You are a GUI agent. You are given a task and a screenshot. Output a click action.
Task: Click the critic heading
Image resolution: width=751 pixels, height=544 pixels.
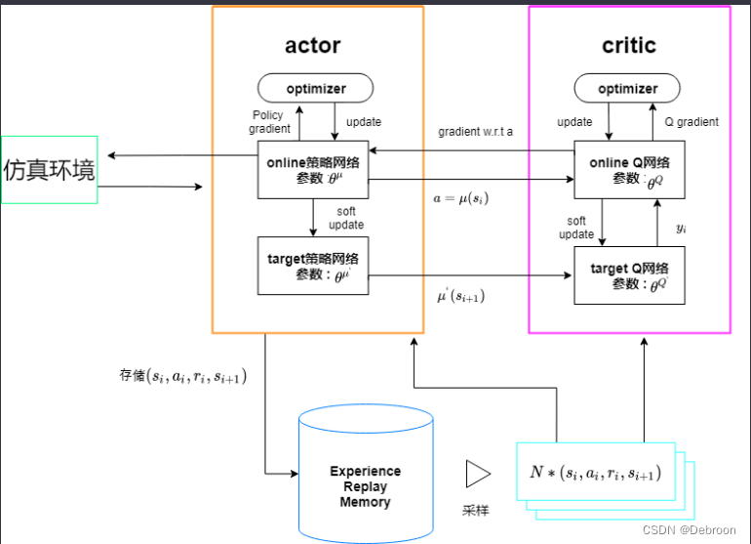tap(628, 45)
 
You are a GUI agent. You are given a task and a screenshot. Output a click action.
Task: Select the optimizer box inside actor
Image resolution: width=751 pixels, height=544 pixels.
tap(316, 89)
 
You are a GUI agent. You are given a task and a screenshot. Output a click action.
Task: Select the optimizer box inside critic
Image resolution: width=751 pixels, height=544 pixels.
tap(628, 89)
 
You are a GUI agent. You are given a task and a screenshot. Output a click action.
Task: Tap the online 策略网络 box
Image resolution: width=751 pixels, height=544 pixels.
tap(313, 170)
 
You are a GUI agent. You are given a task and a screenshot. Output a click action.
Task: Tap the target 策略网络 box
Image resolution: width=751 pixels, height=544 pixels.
tap(313, 266)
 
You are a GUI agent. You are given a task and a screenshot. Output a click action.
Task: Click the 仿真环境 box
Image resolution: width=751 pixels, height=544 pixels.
tap(50, 170)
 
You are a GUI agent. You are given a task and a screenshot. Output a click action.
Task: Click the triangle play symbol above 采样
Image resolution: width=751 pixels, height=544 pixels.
tap(478, 474)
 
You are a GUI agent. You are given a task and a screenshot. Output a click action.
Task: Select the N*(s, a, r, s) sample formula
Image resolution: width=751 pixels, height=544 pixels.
tap(595, 473)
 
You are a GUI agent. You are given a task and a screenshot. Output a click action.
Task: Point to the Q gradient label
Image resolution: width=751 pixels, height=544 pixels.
tap(692, 122)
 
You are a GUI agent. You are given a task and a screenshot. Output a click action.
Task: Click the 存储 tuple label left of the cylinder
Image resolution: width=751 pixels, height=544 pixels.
tap(182, 374)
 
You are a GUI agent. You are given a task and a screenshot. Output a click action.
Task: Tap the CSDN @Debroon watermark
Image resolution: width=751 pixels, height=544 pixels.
tap(694, 529)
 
